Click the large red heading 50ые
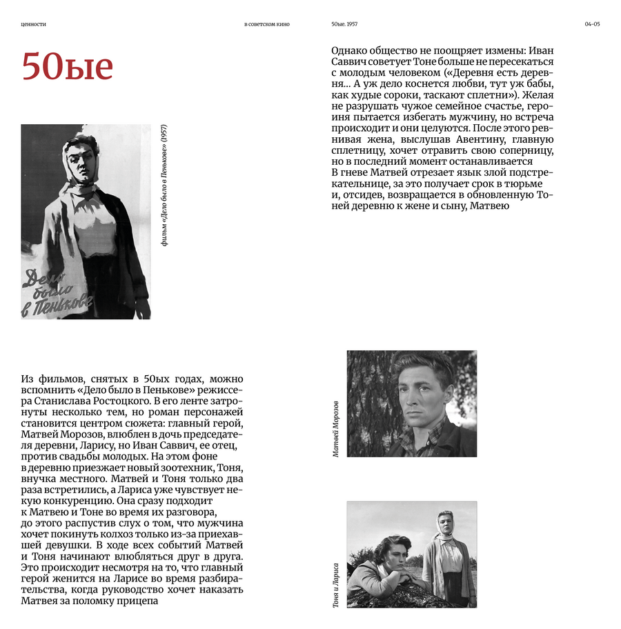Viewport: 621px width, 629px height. click(x=67, y=66)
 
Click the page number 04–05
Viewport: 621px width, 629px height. click(x=592, y=24)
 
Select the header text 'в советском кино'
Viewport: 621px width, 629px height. click(x=267, y=24)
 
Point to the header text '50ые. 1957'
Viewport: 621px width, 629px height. click(x=344, y=24)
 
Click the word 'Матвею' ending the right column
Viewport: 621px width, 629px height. click(x=489, y=206)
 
